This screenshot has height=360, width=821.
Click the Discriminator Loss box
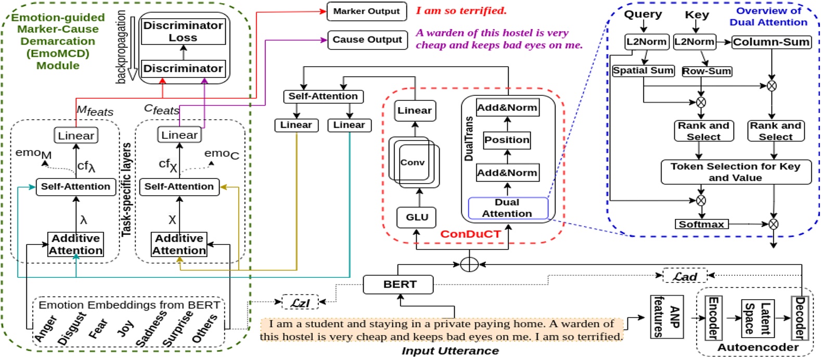(183, 31)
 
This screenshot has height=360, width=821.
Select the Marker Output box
(366, 11)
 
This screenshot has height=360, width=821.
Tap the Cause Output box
(367, 40)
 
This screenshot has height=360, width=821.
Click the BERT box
(399, 285)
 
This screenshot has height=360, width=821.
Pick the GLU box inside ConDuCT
(417, 217)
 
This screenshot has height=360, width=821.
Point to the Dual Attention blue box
(507, 208)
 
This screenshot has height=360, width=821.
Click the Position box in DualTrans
(507, 140)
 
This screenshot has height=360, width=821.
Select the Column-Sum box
(771, 42)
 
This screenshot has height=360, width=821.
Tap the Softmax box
(701, 224)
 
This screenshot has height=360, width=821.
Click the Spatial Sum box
(643, 70)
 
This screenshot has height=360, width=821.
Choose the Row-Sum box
(707, 71)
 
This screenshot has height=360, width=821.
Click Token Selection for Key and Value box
(735, 172)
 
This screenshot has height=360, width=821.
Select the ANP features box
(666, 317)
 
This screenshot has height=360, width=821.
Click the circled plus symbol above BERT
(469, 264)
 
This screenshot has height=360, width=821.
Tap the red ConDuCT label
(470, 234)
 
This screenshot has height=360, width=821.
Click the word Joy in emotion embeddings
(125, 328)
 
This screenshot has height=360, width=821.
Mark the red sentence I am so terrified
(461, 11)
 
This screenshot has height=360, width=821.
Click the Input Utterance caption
(450, 351)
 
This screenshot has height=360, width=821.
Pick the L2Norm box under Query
(646, 42)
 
